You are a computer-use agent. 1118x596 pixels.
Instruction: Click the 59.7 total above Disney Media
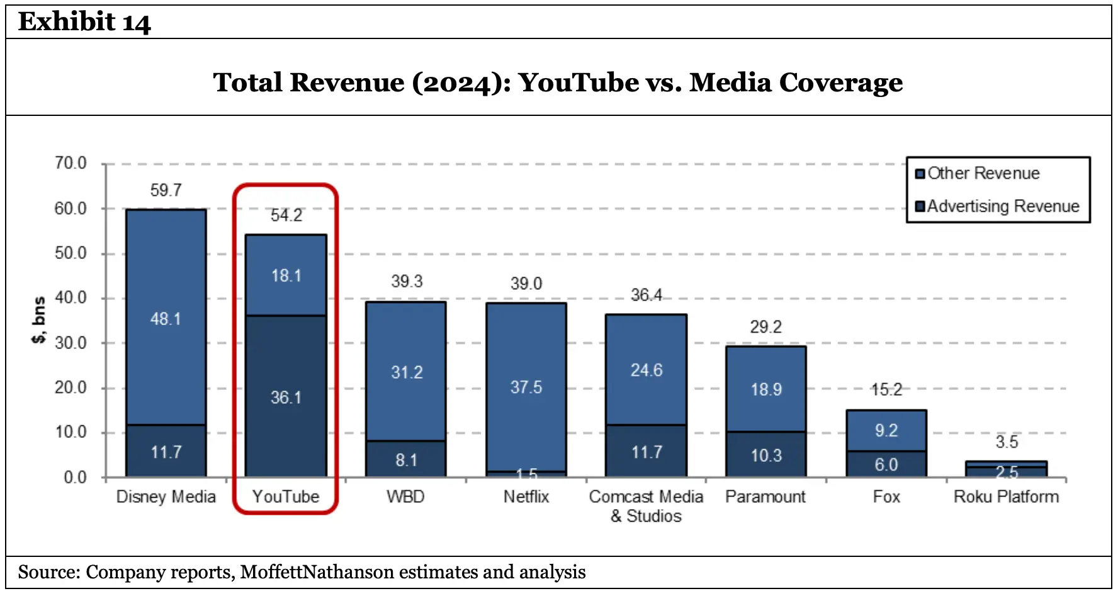pyautogui.click(x=166, y=190)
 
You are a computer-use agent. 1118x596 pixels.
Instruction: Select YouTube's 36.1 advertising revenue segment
pyautogui.click(x=286, y=397)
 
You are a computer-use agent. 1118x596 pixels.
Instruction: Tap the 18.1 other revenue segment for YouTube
pyautogui.click(x=286, y=275)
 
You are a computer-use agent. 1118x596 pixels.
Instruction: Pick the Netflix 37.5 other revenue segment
pyautogui.click(x=526, y=386)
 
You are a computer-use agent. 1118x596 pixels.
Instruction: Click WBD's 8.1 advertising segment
pyautogui.click(x=406, y=460)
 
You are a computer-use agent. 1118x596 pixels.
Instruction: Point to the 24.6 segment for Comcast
pyautogui.click(x=646, y=370)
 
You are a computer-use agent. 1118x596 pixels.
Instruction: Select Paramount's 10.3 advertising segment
pyautogui.click(x=765, y=455)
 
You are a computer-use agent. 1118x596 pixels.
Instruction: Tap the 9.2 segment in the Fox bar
pyautogui.click(x=886, y=430)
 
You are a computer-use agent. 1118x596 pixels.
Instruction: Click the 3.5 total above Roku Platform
pyautogui.click(x=1006, y=442)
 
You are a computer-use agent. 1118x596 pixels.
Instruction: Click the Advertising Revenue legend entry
pyautogui.click(x=1002, y=206)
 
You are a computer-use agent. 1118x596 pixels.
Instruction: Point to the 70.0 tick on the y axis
pyautogui.click(x=71, y=163)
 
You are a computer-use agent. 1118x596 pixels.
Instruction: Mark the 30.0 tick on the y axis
pyautogui.click(x=71, y=343)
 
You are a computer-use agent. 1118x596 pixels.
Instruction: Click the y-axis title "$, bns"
pyautogui.click(x=38, y=320)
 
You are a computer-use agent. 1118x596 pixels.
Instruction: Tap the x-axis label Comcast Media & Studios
pyautogui.click(x=646, y=506)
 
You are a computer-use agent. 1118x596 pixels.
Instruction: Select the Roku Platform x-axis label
pyautogui.click(x=1006, y=496)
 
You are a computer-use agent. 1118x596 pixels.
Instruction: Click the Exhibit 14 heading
pyautogui.click(x=84, y=22)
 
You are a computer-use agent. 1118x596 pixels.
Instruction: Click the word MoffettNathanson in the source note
pyautogui.click(x=317, y=572)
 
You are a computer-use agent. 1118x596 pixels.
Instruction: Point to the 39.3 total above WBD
pyautogui.click(x=406, y=281)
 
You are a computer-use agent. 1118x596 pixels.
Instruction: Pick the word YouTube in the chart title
pyautogui.click(x=578, y=83)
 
